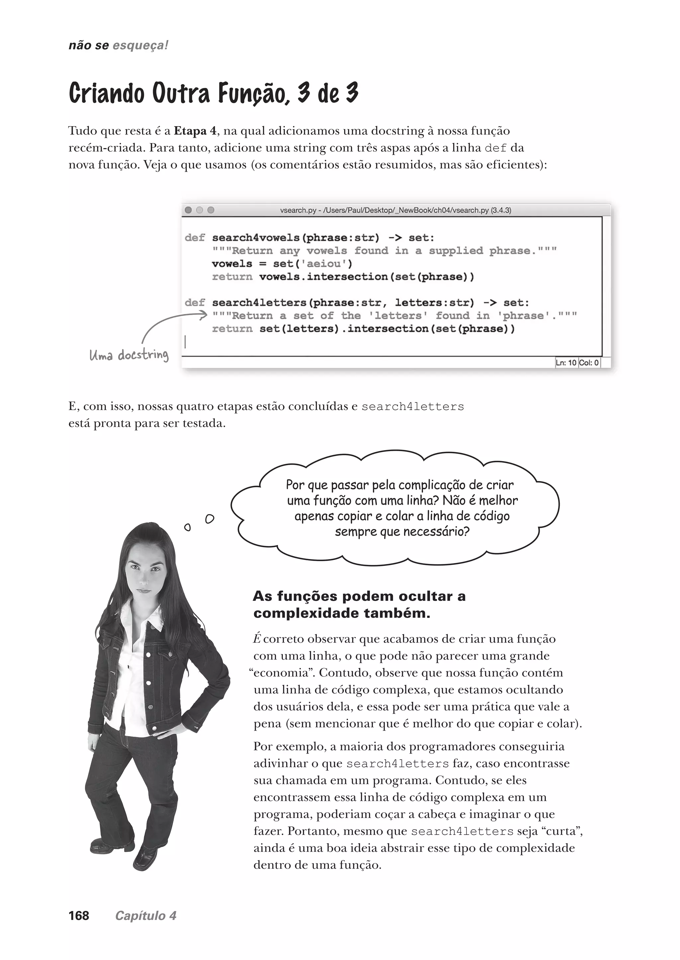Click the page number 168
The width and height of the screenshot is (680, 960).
coord(79,916)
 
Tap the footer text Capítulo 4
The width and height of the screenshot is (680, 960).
coord(146,916)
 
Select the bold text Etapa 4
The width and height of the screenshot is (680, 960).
coord(195,131)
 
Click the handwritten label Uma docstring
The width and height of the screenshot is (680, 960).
coord(129,355)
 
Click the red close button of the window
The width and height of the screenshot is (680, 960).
coord(188,210)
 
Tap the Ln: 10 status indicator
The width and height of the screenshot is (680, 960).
coord(566,362)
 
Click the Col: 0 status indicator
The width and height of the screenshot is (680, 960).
coord(589,362)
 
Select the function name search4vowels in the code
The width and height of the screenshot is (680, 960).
coord(255,238)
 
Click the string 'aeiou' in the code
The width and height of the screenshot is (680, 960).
coord(324,264)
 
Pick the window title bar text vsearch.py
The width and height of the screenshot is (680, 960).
coord(298,210)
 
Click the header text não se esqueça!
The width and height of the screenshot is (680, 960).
coord(118,45)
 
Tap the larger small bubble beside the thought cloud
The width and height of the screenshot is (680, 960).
coord(210,519)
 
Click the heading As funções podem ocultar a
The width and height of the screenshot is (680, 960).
coord(359,596)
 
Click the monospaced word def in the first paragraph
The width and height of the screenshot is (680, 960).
coord(495,148)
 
